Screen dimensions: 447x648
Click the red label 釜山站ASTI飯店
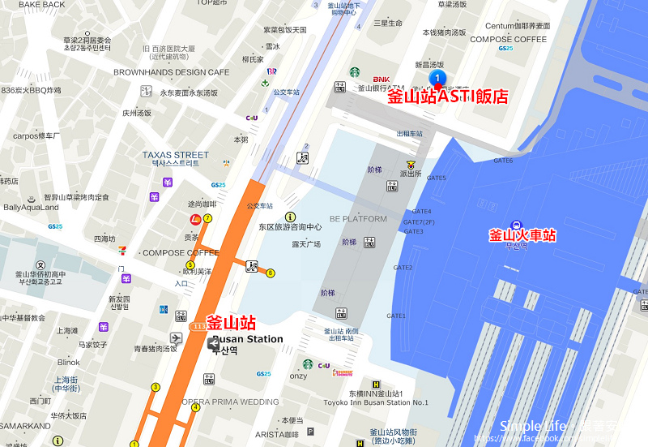point(447,97)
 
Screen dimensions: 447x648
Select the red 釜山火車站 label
point(522,236)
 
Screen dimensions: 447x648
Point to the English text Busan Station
point(248,339)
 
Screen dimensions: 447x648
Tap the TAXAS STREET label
point(175,154)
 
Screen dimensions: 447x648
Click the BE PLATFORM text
point(358,219)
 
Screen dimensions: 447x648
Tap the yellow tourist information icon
point(290,216)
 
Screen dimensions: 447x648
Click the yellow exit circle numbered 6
point(271,273)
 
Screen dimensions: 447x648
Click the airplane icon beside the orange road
point(176,337)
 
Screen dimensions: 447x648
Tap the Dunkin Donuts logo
point(343,372)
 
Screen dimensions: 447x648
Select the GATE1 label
point(396,316)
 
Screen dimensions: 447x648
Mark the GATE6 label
point(503,161)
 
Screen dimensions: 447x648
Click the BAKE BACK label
point(41,5)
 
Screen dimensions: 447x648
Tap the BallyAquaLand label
point(31,208)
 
